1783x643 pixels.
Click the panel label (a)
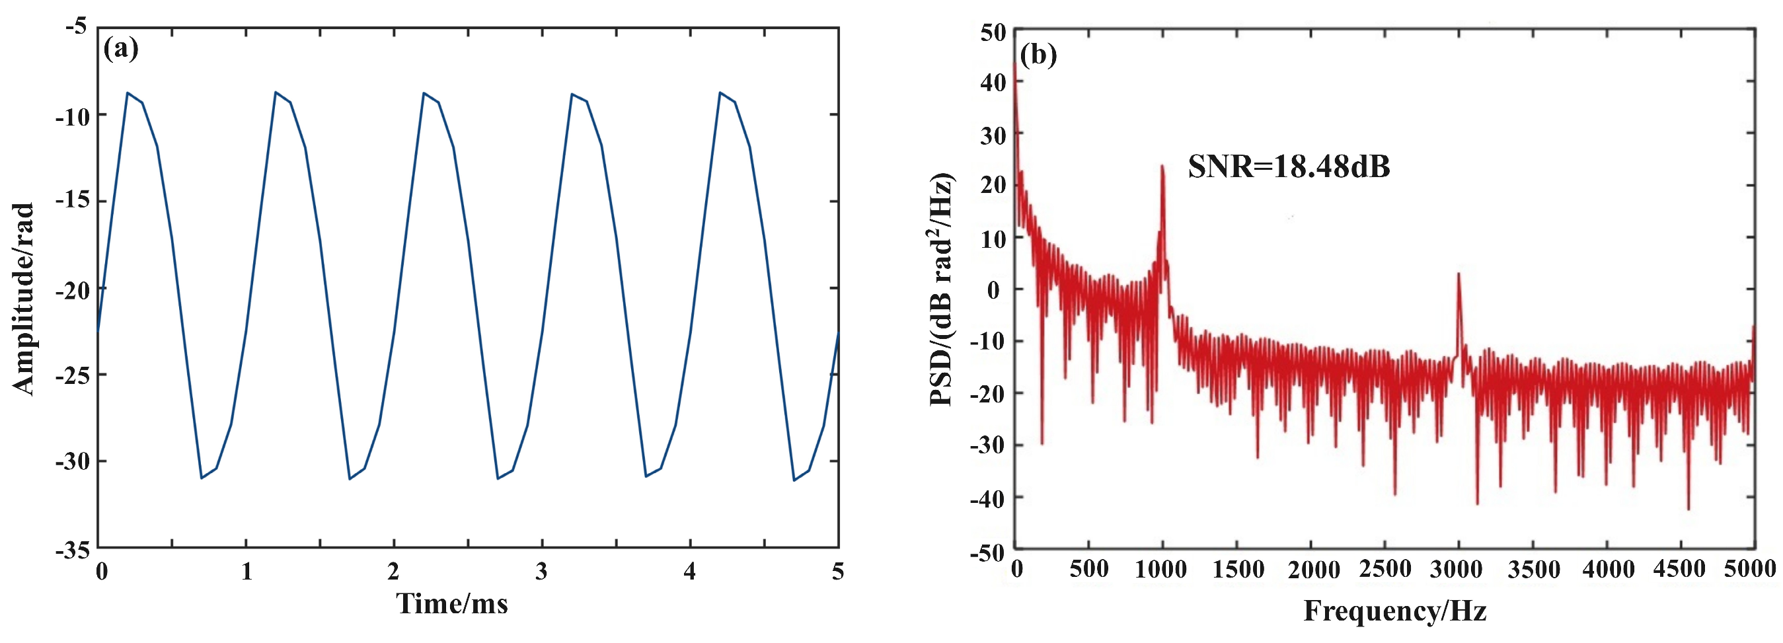click(120, 49)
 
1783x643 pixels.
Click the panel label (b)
click(1038, 54)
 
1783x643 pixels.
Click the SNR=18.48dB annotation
click(1289, 167)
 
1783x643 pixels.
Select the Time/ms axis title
click(452, 603)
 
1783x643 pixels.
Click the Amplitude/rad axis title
click(23, 299)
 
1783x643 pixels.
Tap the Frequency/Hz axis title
click(1394, 611)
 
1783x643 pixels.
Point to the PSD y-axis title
click(942, 289)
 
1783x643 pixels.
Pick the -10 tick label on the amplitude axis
click(72, 116)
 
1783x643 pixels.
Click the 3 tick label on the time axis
click(541, 572)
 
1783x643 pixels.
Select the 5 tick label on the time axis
click(837, 572)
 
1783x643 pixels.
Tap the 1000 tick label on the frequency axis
click(1161, 570)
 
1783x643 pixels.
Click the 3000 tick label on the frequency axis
click(1457, 570)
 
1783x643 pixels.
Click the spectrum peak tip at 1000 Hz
click(1162, 165)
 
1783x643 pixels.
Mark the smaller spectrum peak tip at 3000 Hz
click(1459, 274)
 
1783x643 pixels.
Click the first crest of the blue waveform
click(128, 92)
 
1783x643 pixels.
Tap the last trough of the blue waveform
click(794, 480)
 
